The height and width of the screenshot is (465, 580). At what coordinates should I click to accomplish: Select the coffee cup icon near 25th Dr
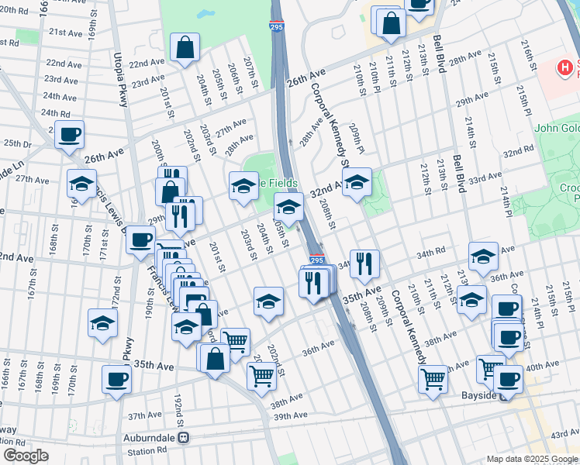coord(69,135)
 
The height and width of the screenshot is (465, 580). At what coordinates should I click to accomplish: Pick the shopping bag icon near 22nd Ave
coord(185,48)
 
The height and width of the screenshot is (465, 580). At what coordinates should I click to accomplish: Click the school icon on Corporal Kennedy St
coord(357,183)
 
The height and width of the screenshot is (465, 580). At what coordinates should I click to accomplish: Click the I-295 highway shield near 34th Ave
coord(316,261)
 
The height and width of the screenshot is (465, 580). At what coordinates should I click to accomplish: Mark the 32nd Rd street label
coord(518,153)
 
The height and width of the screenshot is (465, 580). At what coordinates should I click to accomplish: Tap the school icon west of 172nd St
coord(102,323)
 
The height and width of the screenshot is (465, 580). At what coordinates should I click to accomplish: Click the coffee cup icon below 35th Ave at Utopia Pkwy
coord(116,379)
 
